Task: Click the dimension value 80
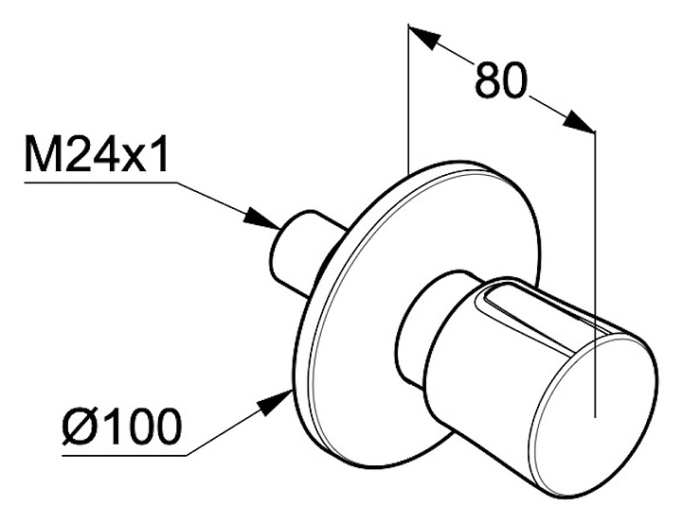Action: pyautogui.click(x=501, y=80)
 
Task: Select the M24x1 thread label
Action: pyautogui.click(x=97, y=154)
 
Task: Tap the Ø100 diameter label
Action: pyautogui.click(x=121, y=427)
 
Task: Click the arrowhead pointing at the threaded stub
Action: pyautogui.click(x=261, y=218)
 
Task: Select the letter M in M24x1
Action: pyautogui.click(x=42, y=154)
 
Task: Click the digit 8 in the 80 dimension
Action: pyautogui.click(x=487, y=80)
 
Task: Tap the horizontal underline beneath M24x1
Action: pyautogui.click(x=101, y=183)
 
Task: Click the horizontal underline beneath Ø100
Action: pyautogui.click(x=124, y=455)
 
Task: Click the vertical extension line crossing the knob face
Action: pyautogui.click(x=595, y=273)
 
